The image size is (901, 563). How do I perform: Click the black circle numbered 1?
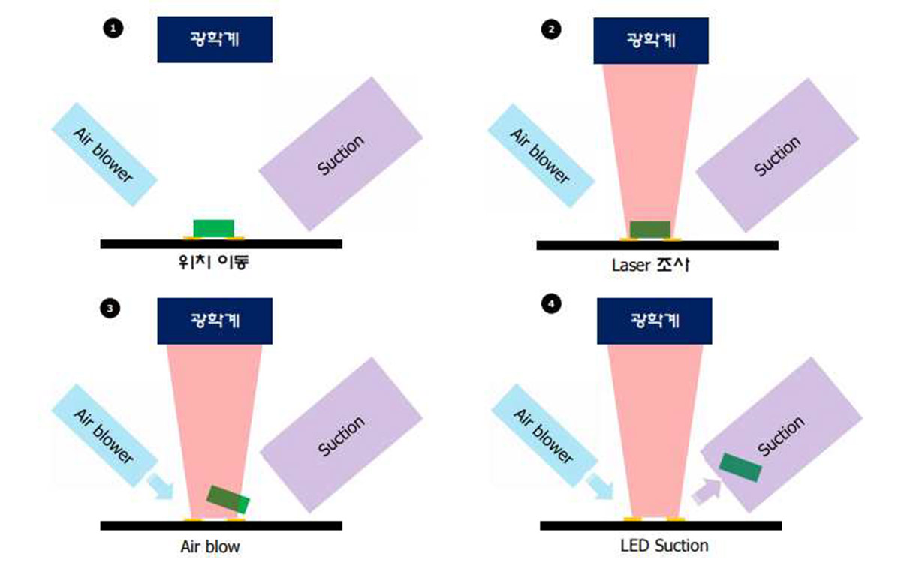point(113,29)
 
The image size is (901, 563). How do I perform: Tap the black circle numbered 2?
point(551,29)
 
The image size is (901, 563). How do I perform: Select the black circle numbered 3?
point(110,309)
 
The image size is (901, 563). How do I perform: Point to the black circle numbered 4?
point(551,303)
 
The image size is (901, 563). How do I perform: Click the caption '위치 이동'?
point(213,263)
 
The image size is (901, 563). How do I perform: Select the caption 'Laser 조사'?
point(651,265)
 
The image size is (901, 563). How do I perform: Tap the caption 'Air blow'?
point(210,546)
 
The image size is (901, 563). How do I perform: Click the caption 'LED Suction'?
point(664,546)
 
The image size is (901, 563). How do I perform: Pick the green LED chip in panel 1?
point(213,228)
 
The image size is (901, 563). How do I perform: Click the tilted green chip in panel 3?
point(228,499)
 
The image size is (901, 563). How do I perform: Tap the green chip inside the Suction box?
point(740,467)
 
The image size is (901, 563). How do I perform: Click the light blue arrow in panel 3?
point(160,486)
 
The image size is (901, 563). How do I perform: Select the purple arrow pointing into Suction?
point(707,491)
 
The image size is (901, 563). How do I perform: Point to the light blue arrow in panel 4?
point(599,486)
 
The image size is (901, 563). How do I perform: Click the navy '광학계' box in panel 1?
point(215,39)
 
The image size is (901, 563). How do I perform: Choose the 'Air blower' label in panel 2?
point(540,156)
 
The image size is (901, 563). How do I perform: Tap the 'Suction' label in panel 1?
point(340,155)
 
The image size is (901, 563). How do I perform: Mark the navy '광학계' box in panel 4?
point(655,321)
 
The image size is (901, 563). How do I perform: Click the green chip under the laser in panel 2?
point(650,230)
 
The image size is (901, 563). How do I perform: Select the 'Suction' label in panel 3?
point(341,436)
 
